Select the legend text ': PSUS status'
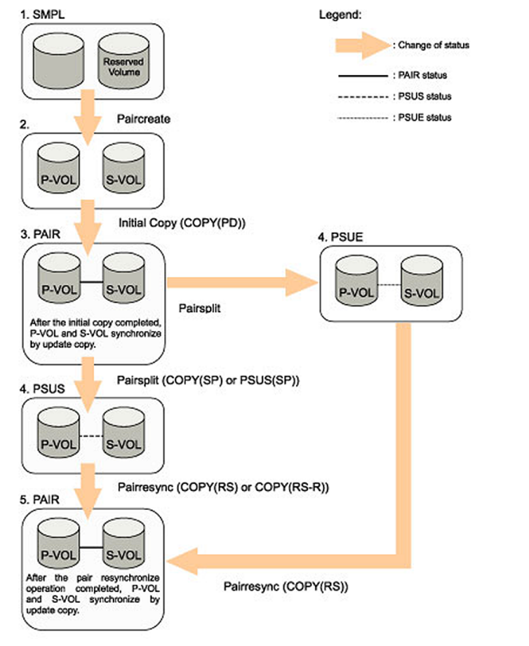(x=420, y=96)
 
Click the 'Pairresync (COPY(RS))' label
(x=286, y=587)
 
